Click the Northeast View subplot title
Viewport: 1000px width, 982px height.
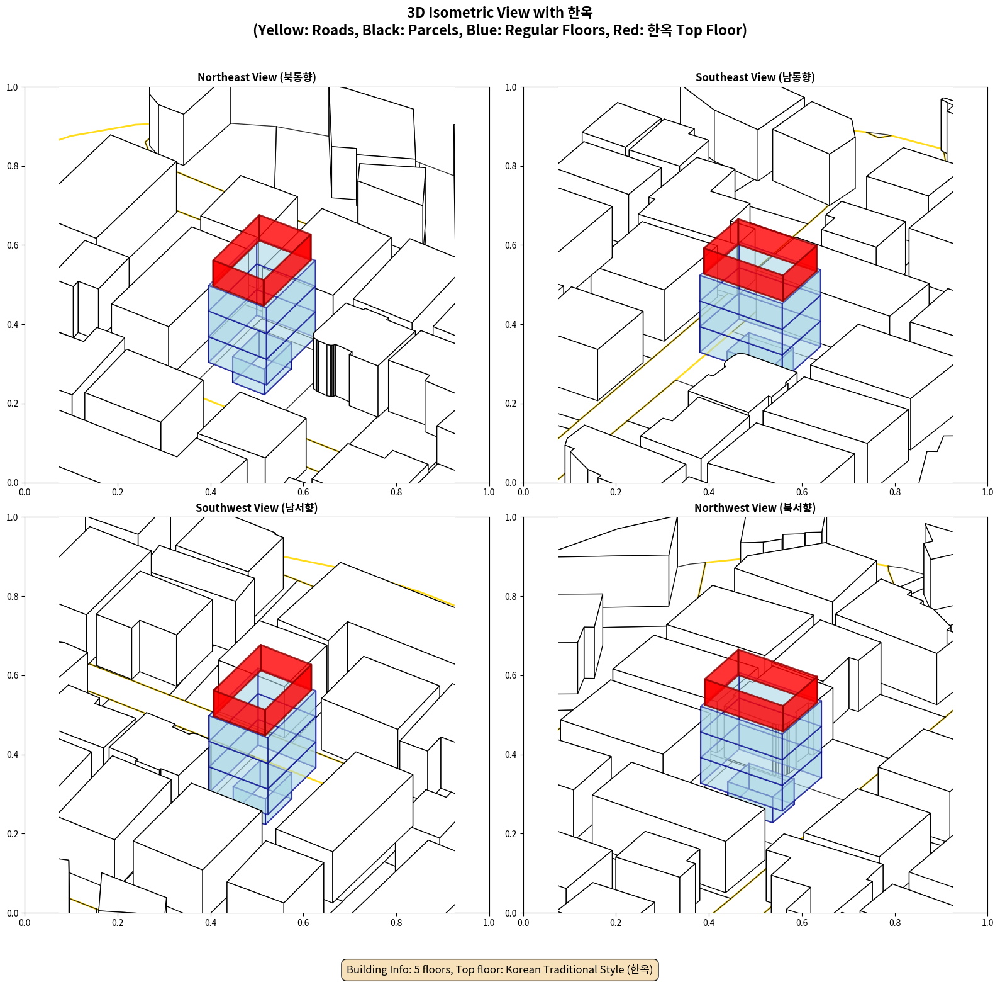pyautogui.click(x=257, y=77)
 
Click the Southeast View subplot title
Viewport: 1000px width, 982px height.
pyautogui.click(x=755, y=77)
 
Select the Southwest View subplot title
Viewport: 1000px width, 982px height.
pyautogui.click(x=257, y=508)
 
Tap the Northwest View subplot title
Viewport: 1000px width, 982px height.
pyautogui.click(x=755, y=508)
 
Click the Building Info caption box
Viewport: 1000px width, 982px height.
pyautogui.click(x=500, y=969)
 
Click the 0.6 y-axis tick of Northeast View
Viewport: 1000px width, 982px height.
pyautogui.click(x=12, y=245)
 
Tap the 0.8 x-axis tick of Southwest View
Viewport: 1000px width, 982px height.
pyautogui.click(x=396, y=923)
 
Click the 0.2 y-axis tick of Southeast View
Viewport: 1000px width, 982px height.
pyautogui.click(x=511, y=404)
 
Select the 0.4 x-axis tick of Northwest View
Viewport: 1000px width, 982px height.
pyautogui.click(x=709, y=923)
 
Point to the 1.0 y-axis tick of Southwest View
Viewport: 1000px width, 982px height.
pyautogui.click(x=12, y=517)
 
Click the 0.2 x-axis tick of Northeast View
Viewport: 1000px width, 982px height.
pyautogui.click(x=118, y=492)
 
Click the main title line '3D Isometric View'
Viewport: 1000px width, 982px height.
pyautogui.click(x=500, y=13)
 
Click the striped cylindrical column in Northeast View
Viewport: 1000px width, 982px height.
pyautogui.click(x=325, y=368)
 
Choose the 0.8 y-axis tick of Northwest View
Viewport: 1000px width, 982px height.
pyautogui.click(x=511, y=597)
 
